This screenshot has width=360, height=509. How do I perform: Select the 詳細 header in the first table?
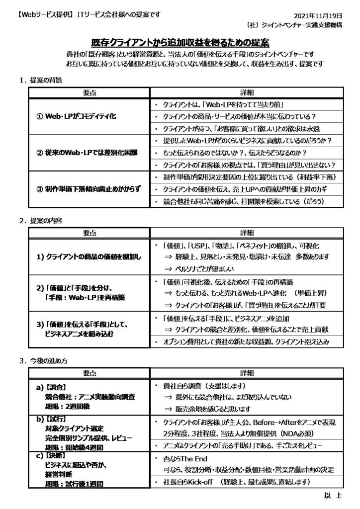(x=246, y=93)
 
